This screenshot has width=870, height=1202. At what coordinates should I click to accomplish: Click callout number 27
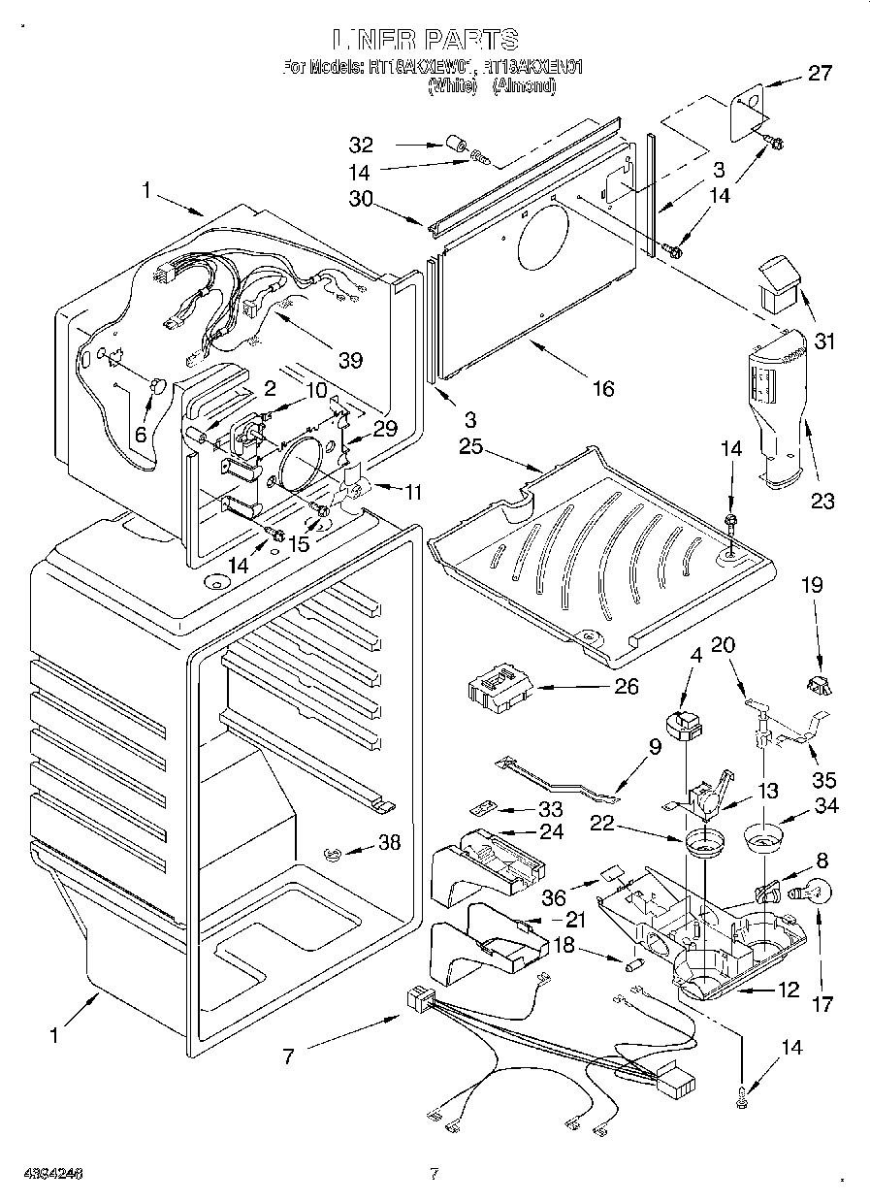coord(821,72)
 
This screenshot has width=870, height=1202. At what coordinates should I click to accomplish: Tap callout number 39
coord(350,360)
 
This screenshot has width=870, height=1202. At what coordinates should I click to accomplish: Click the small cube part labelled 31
coord(780,281)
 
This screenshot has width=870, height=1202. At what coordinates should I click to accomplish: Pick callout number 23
coord(822,502)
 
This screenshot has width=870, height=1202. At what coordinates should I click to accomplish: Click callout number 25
coord(470,447)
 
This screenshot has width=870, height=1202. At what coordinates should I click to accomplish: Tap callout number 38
coord(389,844)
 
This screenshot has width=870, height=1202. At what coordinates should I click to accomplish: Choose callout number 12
coord(789,990)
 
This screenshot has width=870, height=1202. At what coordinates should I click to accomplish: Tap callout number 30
coord(361,198)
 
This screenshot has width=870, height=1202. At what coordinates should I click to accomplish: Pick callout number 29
coord(385,428)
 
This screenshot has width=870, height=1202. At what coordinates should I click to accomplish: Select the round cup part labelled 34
coord(766,835)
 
